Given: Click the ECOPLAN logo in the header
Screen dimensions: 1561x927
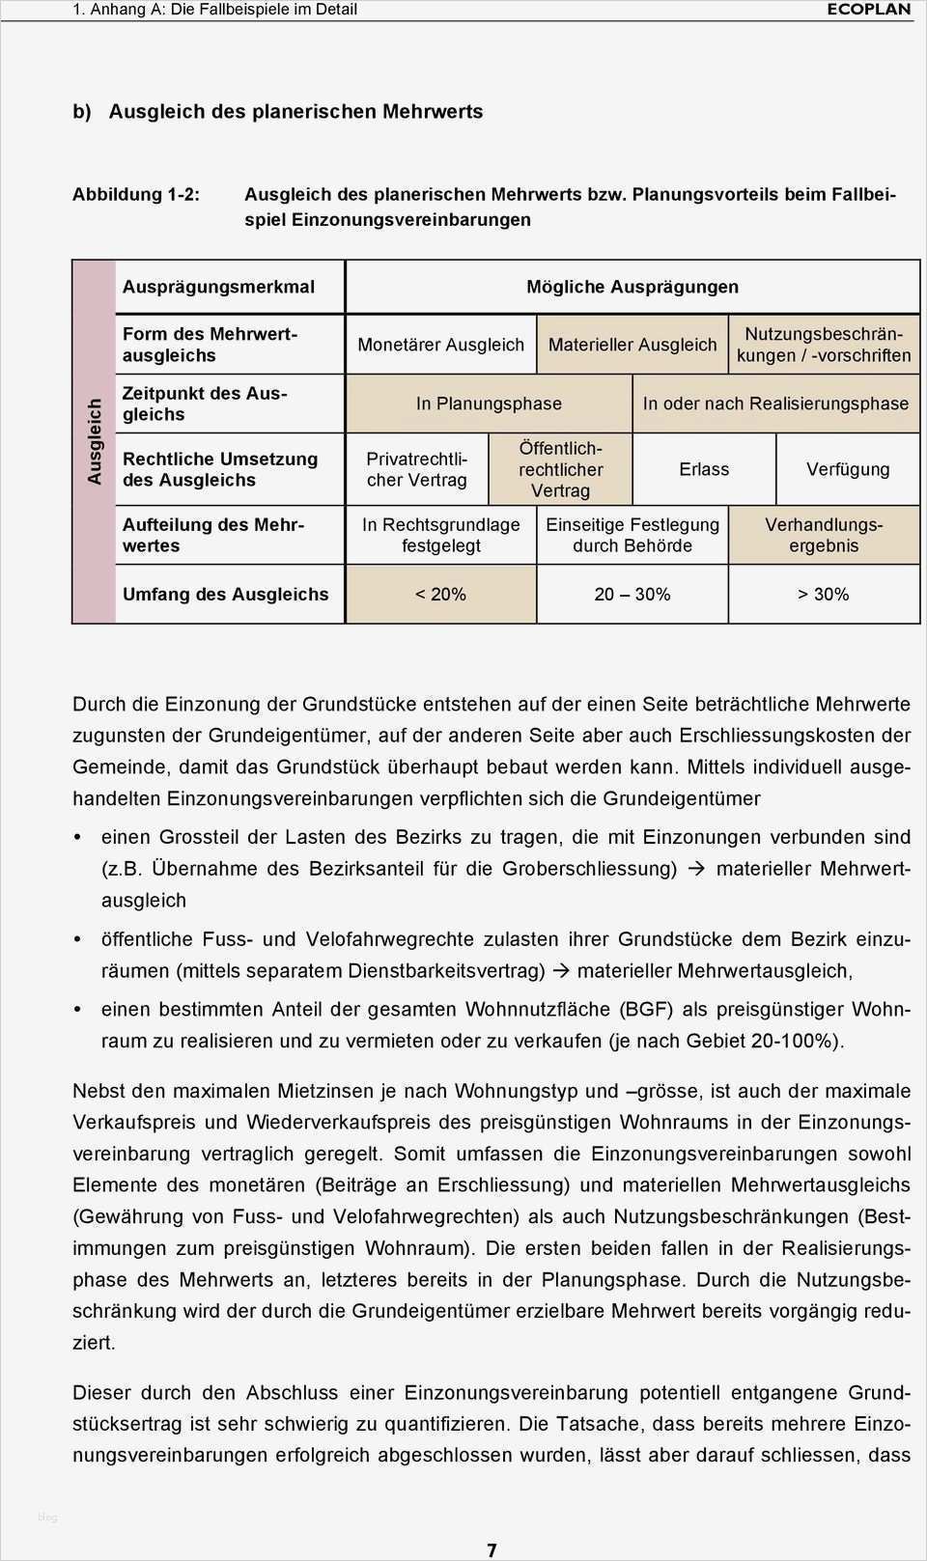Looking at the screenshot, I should (x=868, y=10).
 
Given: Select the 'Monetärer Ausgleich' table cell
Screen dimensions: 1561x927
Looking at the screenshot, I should (x=440, y=345).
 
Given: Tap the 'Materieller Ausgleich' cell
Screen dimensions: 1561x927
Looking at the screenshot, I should (x=632, y=345).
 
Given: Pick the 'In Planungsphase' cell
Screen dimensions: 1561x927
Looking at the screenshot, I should (x=489, y=404).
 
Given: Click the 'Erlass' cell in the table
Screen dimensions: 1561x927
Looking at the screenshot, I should (x=704, y=469).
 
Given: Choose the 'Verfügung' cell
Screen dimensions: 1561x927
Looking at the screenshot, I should (x=848, y=469).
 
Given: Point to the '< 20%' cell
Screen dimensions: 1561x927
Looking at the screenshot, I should (x=440, y=595).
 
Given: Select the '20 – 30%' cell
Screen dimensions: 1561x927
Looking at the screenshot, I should (x=632, y=595).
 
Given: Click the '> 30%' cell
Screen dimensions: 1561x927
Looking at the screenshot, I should (x=824, y=595).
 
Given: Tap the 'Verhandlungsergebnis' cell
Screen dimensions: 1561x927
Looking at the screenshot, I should (x=824, y=535).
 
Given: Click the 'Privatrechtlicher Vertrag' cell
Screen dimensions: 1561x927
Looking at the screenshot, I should (x=417, y=469).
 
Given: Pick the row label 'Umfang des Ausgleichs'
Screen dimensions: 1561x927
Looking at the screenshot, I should (x=225, y=595).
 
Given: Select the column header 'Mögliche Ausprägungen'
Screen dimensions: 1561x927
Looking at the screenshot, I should (x=632, y=287).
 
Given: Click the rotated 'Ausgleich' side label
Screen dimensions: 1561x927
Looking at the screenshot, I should (x=95, y=441).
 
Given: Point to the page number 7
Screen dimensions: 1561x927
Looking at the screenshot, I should (x=492, y=1550).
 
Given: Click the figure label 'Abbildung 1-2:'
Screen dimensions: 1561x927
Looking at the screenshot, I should (x=136, y=194).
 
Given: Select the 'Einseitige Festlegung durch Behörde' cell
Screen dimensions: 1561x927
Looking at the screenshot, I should (x=632, y=535).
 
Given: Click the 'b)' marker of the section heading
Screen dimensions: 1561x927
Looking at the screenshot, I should (x=82, y=111).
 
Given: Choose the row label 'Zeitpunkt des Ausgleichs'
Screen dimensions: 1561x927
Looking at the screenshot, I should (x=205, y=404).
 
